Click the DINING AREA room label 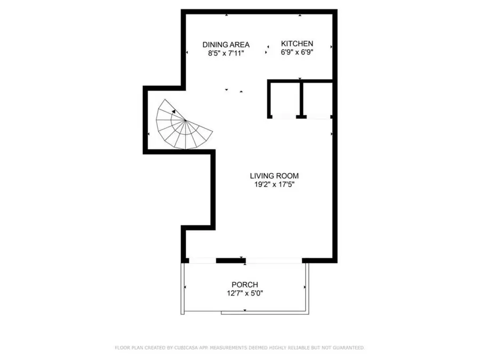coord(226,45)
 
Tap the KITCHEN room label coord(297,44)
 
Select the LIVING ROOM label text coord(274,176)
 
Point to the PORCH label coord(245,285)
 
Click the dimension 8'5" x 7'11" coord(226,53)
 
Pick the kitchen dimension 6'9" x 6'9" coord(297,52)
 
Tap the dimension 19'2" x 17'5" coord(274,185)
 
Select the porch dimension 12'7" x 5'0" coord(245,293)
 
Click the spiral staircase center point coord(185,121)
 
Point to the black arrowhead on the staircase coord(174,111)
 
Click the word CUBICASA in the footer coord(186,348)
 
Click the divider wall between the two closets coord(301,99)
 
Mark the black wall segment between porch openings coord(231,261)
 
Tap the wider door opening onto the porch coord(274,261)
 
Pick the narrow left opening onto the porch coord(203,261)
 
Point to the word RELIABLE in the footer coord(299,348)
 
